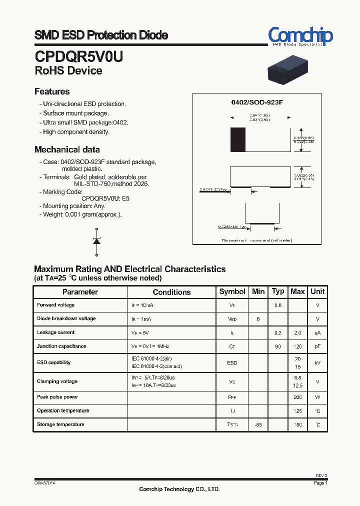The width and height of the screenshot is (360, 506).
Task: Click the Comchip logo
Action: point(300,36)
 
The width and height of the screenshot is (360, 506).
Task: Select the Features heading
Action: point(52,91)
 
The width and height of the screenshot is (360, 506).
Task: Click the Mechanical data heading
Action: point(67,149)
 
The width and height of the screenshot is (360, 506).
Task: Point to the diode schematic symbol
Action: point(96,241)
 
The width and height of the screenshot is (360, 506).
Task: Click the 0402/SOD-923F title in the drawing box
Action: point(257,102)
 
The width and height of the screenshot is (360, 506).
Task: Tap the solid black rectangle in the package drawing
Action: point(238,139)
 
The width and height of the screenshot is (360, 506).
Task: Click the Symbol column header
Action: point(232,291)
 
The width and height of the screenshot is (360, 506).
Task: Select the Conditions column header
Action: point(171,292)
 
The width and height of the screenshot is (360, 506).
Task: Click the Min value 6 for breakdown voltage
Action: point(258,319)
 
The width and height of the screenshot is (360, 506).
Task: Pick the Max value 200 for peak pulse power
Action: point(297,397)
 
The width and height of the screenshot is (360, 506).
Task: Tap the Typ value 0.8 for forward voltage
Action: point(278,305)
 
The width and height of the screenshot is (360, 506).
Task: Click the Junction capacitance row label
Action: point(61,346)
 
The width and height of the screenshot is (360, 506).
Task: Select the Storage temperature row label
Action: point(60,424)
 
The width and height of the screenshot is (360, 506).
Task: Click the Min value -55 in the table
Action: point(258,424)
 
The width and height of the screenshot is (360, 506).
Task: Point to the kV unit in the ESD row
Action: point(317,363)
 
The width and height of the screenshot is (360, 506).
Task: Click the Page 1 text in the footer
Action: point(320,483)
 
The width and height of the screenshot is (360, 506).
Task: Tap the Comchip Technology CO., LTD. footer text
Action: point(179,489)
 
